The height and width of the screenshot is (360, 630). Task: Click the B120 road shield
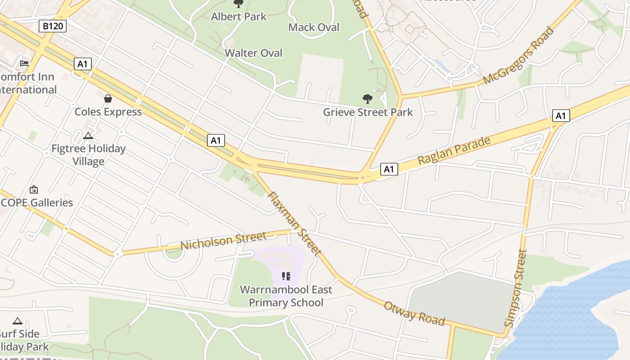(53, 26)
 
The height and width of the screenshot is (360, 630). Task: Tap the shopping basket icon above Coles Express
(108, 98)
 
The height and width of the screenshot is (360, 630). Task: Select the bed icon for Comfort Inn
(24, 63)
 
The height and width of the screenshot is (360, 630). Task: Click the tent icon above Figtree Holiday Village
(88, 135)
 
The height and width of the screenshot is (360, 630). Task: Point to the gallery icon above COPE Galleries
(34, 189)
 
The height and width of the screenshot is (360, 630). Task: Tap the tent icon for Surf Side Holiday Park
(18, 321)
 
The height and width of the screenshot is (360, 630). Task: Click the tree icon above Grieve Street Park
(367, 99)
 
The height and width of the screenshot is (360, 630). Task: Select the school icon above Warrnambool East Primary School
(286, 276)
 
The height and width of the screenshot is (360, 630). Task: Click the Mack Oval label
(314, 27)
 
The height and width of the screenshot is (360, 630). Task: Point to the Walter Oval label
(253, 53)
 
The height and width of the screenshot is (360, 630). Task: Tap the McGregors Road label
(518, 56)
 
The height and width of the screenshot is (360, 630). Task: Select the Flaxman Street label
(294, 224)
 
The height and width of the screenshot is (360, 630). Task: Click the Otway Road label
(414, 313)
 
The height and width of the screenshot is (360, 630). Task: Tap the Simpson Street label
(516, 288)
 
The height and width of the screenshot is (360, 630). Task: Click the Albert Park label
(238, 17)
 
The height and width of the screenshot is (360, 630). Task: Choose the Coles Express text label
(108, 112)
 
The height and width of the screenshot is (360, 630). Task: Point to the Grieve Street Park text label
(368, 112)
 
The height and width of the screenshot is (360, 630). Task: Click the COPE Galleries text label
(37, 202)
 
